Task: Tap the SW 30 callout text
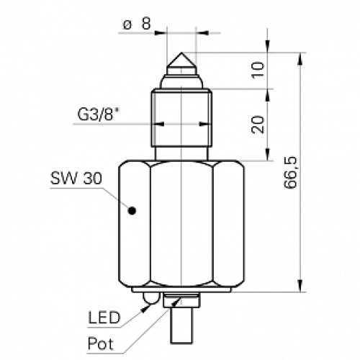[x=72, y=178]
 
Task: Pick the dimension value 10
[x=259, y=70]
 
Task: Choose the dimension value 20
[x=259, y=124]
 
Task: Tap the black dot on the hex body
[x=132, y=210]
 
